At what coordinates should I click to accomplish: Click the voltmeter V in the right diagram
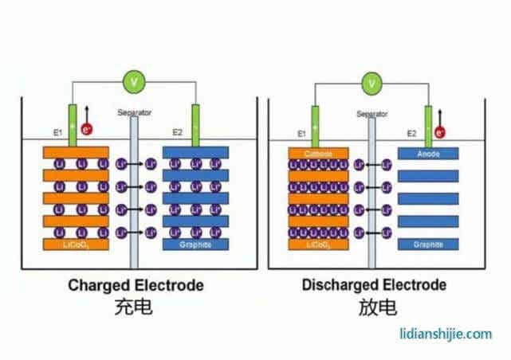click(371, 82)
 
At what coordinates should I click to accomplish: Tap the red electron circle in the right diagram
click(440, 132)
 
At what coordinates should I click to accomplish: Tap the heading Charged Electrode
click(136, 284)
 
